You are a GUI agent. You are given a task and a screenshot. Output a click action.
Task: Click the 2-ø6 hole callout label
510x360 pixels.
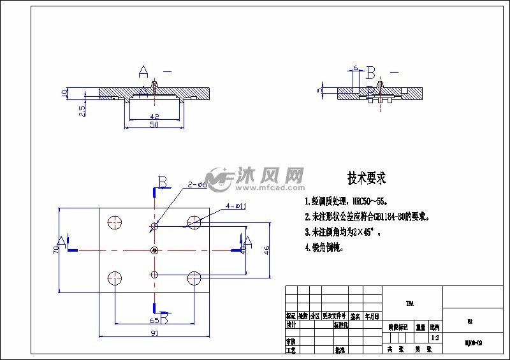(x=196, y=185)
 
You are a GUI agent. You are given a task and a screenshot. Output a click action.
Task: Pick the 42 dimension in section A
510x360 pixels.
(x=154, y=117)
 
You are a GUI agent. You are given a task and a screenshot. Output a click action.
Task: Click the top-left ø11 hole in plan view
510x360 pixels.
(x=115, y=222)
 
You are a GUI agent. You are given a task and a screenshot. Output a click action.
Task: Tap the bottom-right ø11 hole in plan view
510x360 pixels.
(x=194, y=277)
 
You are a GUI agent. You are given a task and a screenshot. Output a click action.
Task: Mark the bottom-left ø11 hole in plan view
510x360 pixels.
(x=115, y=277)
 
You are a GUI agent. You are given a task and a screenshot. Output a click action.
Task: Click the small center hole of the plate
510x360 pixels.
(x=154, y=250)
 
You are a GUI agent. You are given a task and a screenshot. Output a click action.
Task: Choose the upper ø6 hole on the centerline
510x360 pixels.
(x=154, y=226)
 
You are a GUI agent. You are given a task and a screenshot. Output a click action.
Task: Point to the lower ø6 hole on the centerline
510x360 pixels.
(x=154, y=275)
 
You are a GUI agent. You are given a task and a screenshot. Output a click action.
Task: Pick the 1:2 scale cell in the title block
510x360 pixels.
(x=435, y=338)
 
